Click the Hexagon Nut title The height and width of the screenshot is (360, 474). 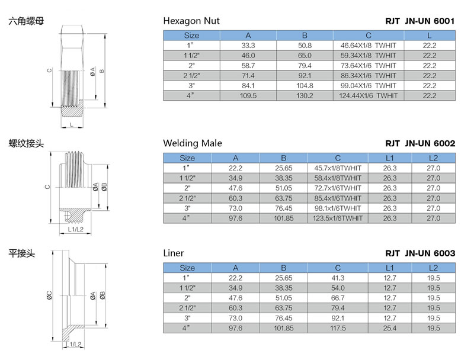[191, 21]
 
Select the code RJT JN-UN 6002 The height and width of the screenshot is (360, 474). [419, 143]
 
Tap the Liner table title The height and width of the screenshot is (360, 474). [174, 253]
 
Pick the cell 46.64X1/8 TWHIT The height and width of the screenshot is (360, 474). [368, 45]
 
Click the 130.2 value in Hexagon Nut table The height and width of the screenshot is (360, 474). [305, 95]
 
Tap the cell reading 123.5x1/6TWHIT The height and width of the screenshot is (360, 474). [338, 218]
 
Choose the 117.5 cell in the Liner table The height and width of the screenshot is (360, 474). [338, 328]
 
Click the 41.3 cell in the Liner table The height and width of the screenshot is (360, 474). [338, 278]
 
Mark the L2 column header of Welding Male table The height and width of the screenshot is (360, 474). [433, 157]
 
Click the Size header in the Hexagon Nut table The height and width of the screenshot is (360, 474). [191, 36]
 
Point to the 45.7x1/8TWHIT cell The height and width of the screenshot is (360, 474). [338, 168]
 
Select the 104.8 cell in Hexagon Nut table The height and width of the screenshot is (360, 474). [305, 85]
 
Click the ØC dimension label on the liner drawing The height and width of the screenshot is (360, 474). [49, 294]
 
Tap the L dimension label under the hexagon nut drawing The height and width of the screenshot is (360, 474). [71, 125]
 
